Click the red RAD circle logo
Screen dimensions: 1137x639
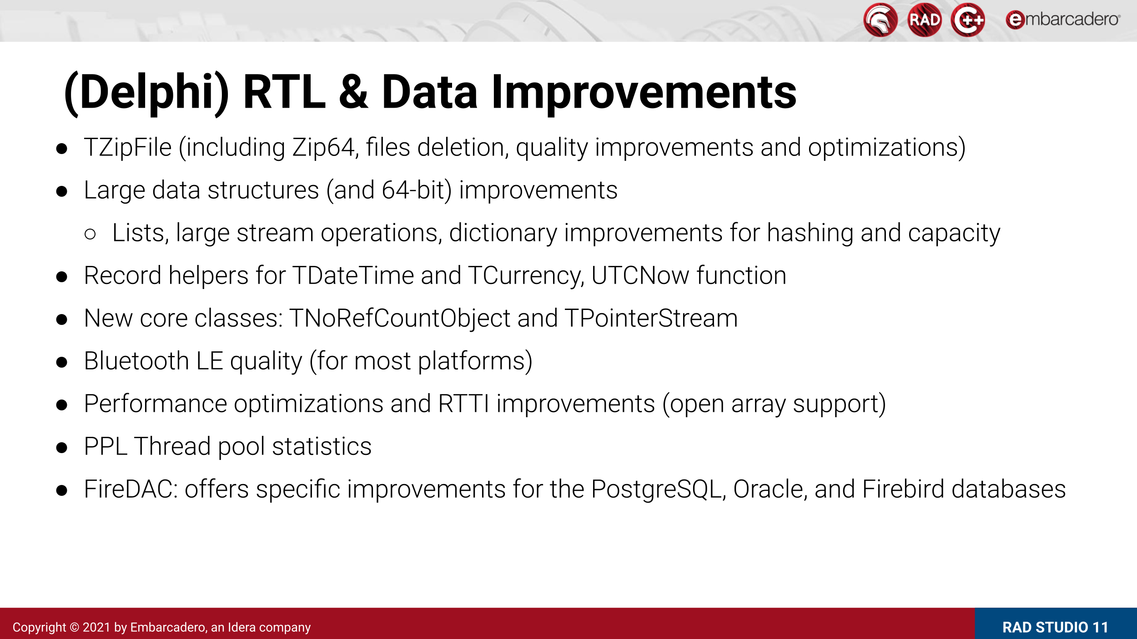tap(924, 20)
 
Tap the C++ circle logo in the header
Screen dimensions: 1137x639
tap(968, 20)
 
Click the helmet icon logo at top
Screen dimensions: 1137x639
tap(880, 20)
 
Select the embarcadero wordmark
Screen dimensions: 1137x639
tap(1063, 20)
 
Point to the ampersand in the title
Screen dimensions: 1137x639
tap(353, 92)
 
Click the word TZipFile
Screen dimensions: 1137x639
tap(128, 148)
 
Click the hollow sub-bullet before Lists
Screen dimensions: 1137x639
tap(90, 234)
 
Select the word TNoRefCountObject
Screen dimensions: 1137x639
tap(400, 319)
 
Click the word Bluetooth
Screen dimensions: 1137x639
tap(136, 361)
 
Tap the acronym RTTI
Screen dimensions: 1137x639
tap(464, 404)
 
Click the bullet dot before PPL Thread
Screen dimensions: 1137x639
tap(62, 448)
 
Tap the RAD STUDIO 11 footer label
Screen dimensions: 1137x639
tap(1055, 628)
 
